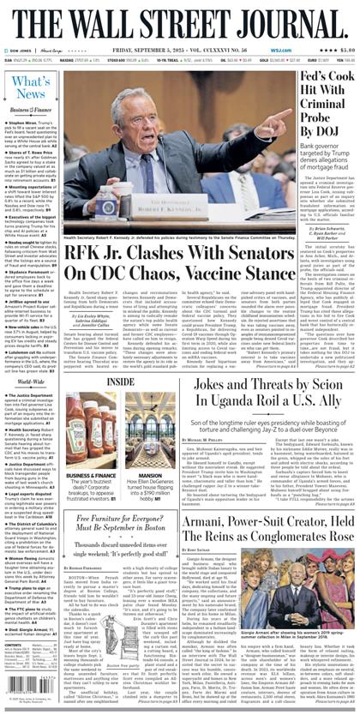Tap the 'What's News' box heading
[31, 87]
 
